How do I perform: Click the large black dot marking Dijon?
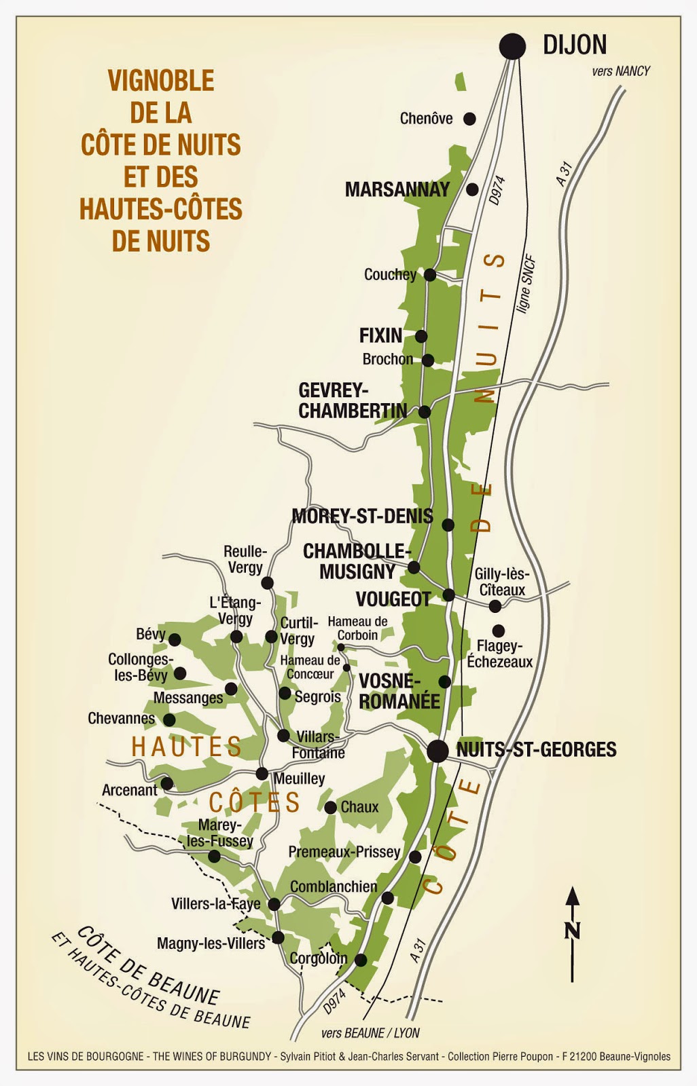512,46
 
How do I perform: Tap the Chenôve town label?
426,119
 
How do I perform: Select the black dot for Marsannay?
473,189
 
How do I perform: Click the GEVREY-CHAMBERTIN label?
353,400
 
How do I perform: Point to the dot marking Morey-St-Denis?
448,525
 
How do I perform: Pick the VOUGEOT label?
393,599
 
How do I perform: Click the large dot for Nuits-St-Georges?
437,751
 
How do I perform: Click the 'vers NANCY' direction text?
620,71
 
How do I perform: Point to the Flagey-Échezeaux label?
499,654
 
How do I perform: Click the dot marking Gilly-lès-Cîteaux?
495,606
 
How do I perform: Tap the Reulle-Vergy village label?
245,559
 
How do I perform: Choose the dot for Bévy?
175,639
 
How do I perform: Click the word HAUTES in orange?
186,747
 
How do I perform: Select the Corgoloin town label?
318,958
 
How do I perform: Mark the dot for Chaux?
330,808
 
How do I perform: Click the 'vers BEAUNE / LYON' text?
370,1033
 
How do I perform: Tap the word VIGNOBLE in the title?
161,81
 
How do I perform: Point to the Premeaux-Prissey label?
344,852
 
